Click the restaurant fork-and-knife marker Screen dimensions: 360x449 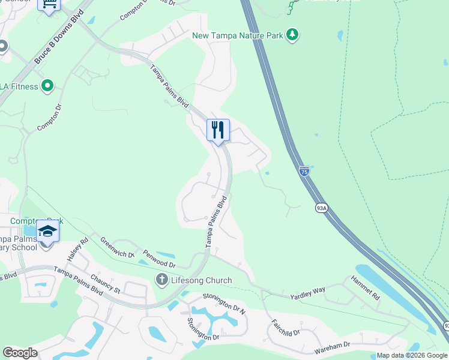click(x=218, y=130)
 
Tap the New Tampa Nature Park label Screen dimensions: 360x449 click(x=237, y=35)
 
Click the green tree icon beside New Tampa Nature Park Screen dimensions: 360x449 click(x=292, y=35)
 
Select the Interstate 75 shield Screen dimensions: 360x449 click(x=304, y=171)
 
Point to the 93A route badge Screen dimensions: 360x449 click(x=321, y=208)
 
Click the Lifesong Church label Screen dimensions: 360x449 click(x=193, y=280)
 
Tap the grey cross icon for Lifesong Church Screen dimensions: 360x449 click(x=161, y=280)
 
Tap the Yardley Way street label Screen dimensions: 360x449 click(x=307, y=293)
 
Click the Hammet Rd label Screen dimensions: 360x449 click(x=366, y=287)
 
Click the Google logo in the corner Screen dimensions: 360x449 click(x=20, y=353)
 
